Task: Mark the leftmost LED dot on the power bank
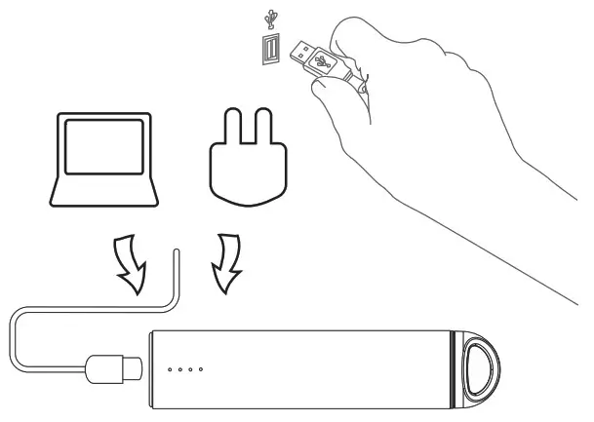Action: [170, 369]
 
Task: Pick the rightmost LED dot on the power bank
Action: [201, 369]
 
